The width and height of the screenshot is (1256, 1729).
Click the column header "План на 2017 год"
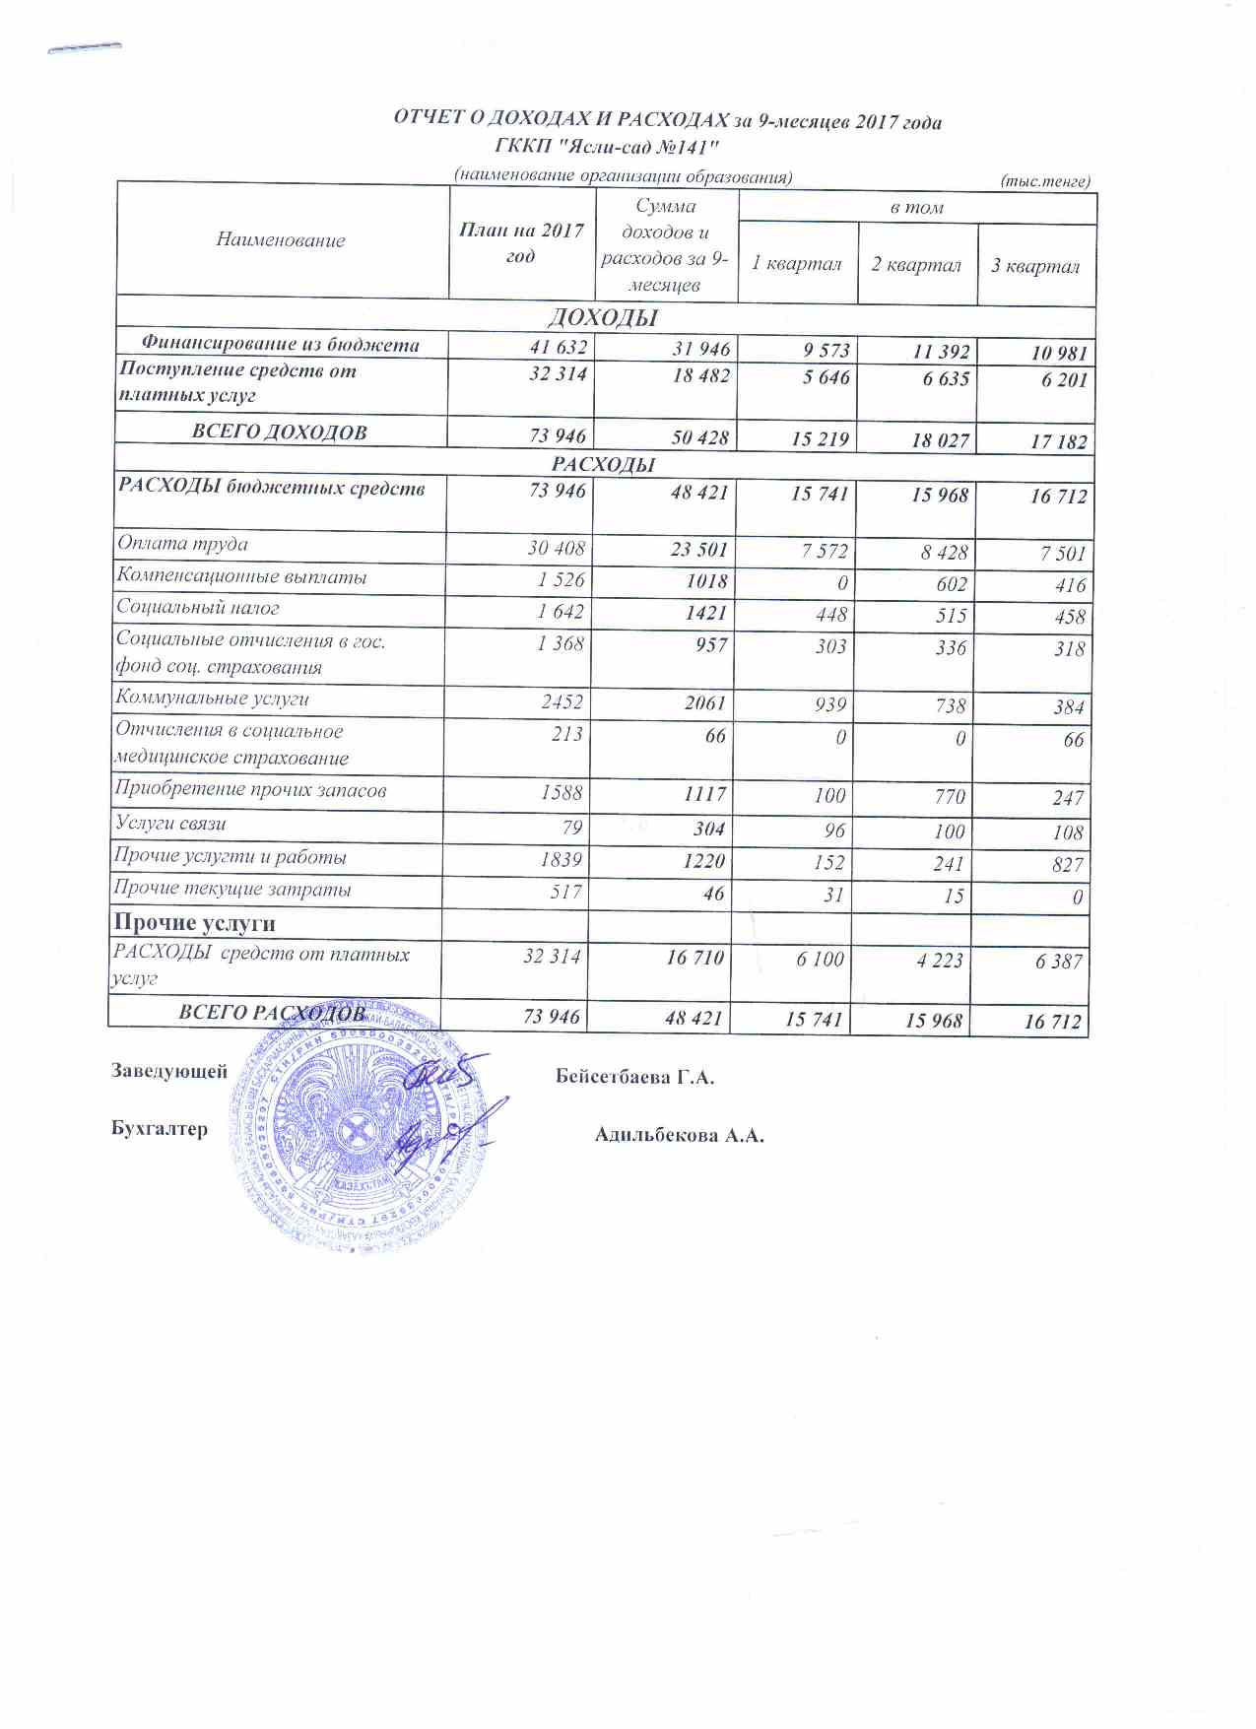click(521, 242)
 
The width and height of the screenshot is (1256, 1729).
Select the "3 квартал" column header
click(1035, 266)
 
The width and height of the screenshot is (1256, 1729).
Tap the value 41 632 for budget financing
click(558, 347)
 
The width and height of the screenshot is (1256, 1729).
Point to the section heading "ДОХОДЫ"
click(602, 317)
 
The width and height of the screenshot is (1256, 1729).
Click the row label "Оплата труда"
click(182, 544)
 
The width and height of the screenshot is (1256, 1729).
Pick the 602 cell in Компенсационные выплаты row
click(951, 583)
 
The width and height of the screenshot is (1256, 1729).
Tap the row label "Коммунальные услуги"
click(212, 698)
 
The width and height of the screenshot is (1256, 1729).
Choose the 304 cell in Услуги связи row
click(708, 829)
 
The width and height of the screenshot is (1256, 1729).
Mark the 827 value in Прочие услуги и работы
click(1067, 864)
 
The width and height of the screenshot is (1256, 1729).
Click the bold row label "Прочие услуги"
click(194, 923)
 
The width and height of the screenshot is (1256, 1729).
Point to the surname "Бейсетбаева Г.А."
click(634, 1077)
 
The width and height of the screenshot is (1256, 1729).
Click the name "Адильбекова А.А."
click(679, 1135)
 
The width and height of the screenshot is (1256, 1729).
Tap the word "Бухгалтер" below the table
click(160, 1129)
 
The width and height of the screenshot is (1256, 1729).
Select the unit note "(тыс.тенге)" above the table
click(1045, 181)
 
